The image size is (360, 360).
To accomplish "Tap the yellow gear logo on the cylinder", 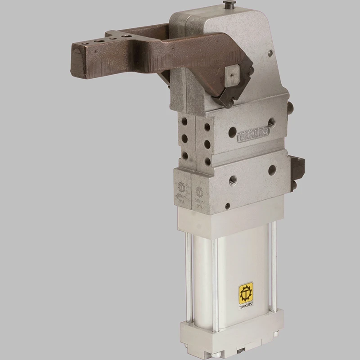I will [x=245, y=292].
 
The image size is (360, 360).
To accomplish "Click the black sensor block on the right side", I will [x=297, y=171].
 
